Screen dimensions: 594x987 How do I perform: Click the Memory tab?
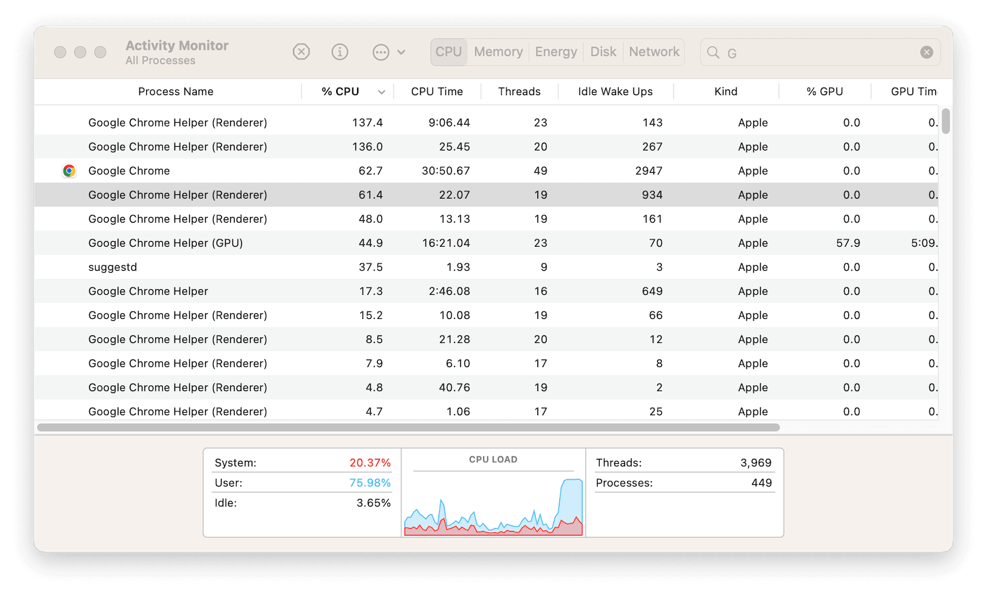pos(498,52)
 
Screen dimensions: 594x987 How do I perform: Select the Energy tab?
pos(556,52)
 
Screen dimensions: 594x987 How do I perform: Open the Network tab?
pos(654,52)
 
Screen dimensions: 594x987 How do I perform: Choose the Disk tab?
pos(603,52)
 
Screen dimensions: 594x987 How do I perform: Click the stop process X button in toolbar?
pos(301,52)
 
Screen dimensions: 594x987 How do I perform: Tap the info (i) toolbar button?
pos(340,52)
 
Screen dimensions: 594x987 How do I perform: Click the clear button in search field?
pos(927,52)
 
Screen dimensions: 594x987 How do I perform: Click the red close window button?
pos(60,52)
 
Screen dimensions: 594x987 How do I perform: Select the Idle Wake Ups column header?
pos(615,91)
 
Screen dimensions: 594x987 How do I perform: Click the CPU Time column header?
pos(437,91)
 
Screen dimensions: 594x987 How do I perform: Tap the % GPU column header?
pos(824,91)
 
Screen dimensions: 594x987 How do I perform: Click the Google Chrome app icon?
pos(69,171)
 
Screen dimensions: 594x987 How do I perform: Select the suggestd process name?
pos(113,267)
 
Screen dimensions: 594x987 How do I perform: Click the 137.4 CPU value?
pos(367,123)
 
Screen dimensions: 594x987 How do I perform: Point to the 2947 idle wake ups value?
pos(648,171)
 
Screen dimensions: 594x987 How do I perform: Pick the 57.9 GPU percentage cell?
pos(848,243)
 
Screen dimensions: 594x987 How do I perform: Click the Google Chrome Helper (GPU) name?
pos(165,243)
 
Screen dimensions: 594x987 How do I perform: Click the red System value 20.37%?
pos(370,463)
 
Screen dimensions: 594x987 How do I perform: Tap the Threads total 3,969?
pos(756,463)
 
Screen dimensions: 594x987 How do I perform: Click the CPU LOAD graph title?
pos(493,460)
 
